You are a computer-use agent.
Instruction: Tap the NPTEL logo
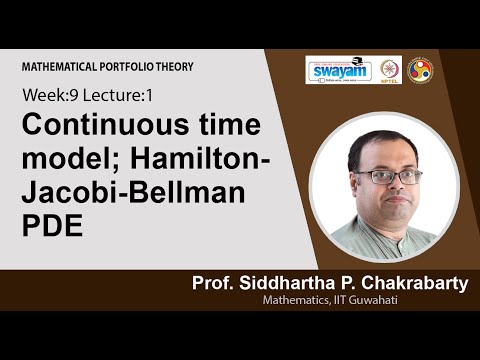coord(389,71)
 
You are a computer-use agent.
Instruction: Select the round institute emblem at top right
coord(420,71)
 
